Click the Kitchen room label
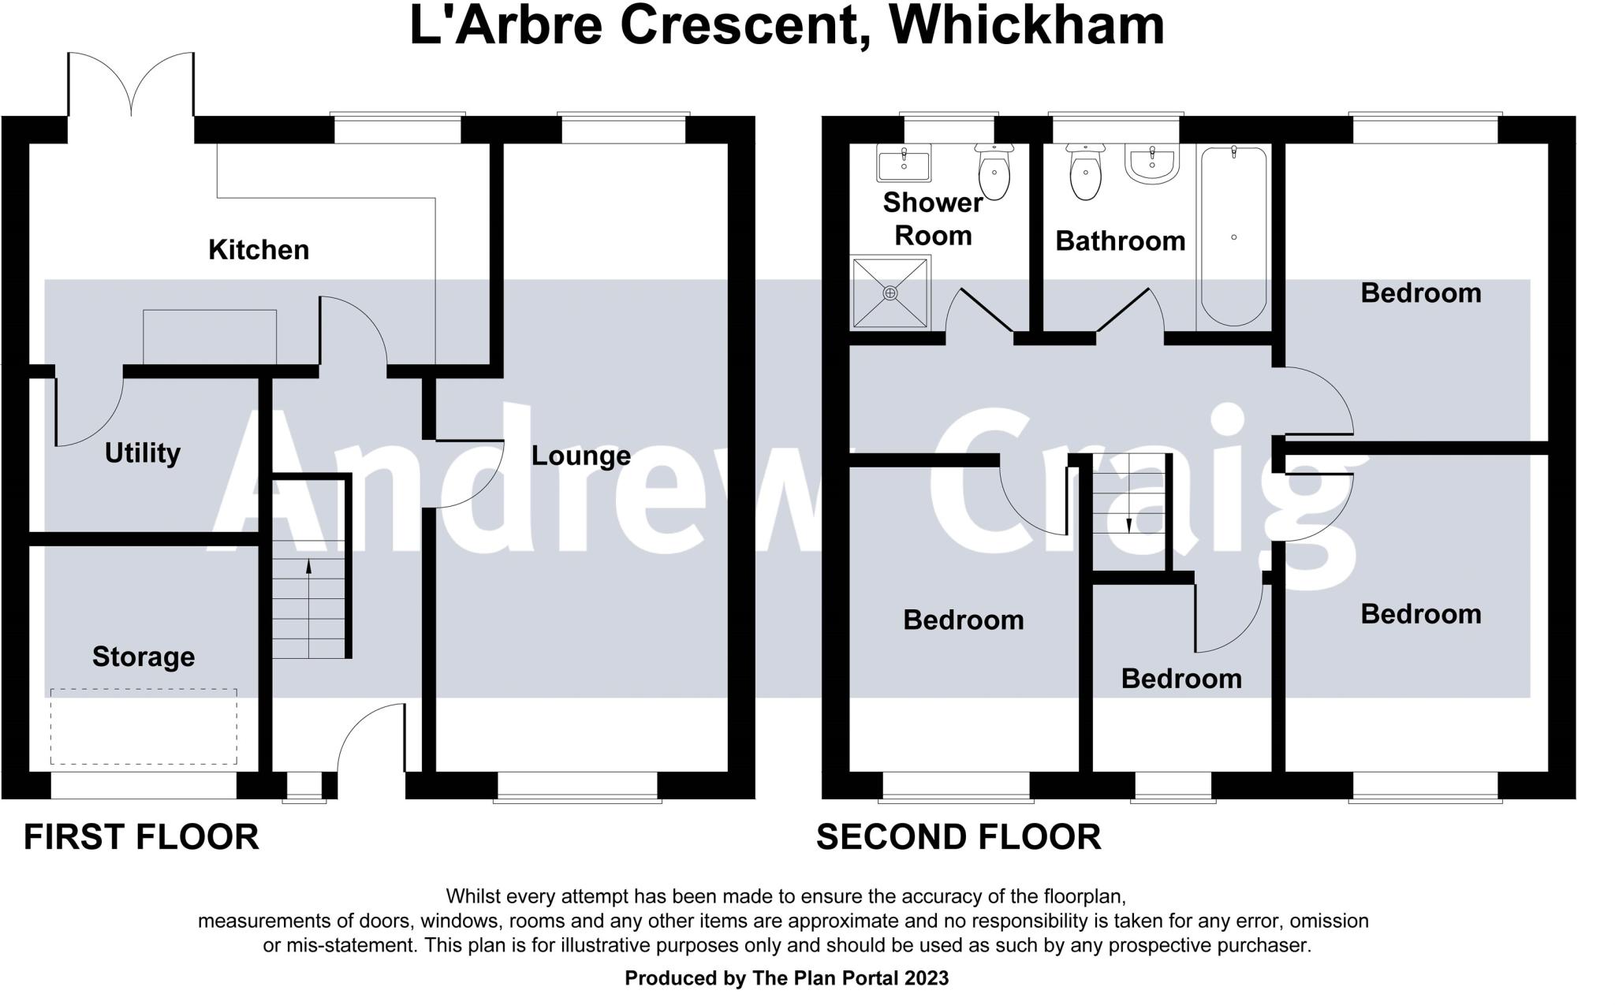pos(259,250)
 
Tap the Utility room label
pos(143,453)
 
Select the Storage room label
pos(144,657)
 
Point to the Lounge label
pos(581,456)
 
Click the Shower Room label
pos(932,219)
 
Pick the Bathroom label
pos(1120,241)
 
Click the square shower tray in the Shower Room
pos(890,292)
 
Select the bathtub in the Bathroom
pos(1233,236)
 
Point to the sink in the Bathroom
pos(1152,163)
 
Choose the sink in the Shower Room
pos(904,163)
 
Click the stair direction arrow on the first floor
pos(308,565)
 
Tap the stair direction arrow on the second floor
pos(1128,525)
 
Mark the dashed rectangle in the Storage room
pos(144,726)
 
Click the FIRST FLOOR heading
pos(141,837)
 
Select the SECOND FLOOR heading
pos(958,837)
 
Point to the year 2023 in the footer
pos(926,978)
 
